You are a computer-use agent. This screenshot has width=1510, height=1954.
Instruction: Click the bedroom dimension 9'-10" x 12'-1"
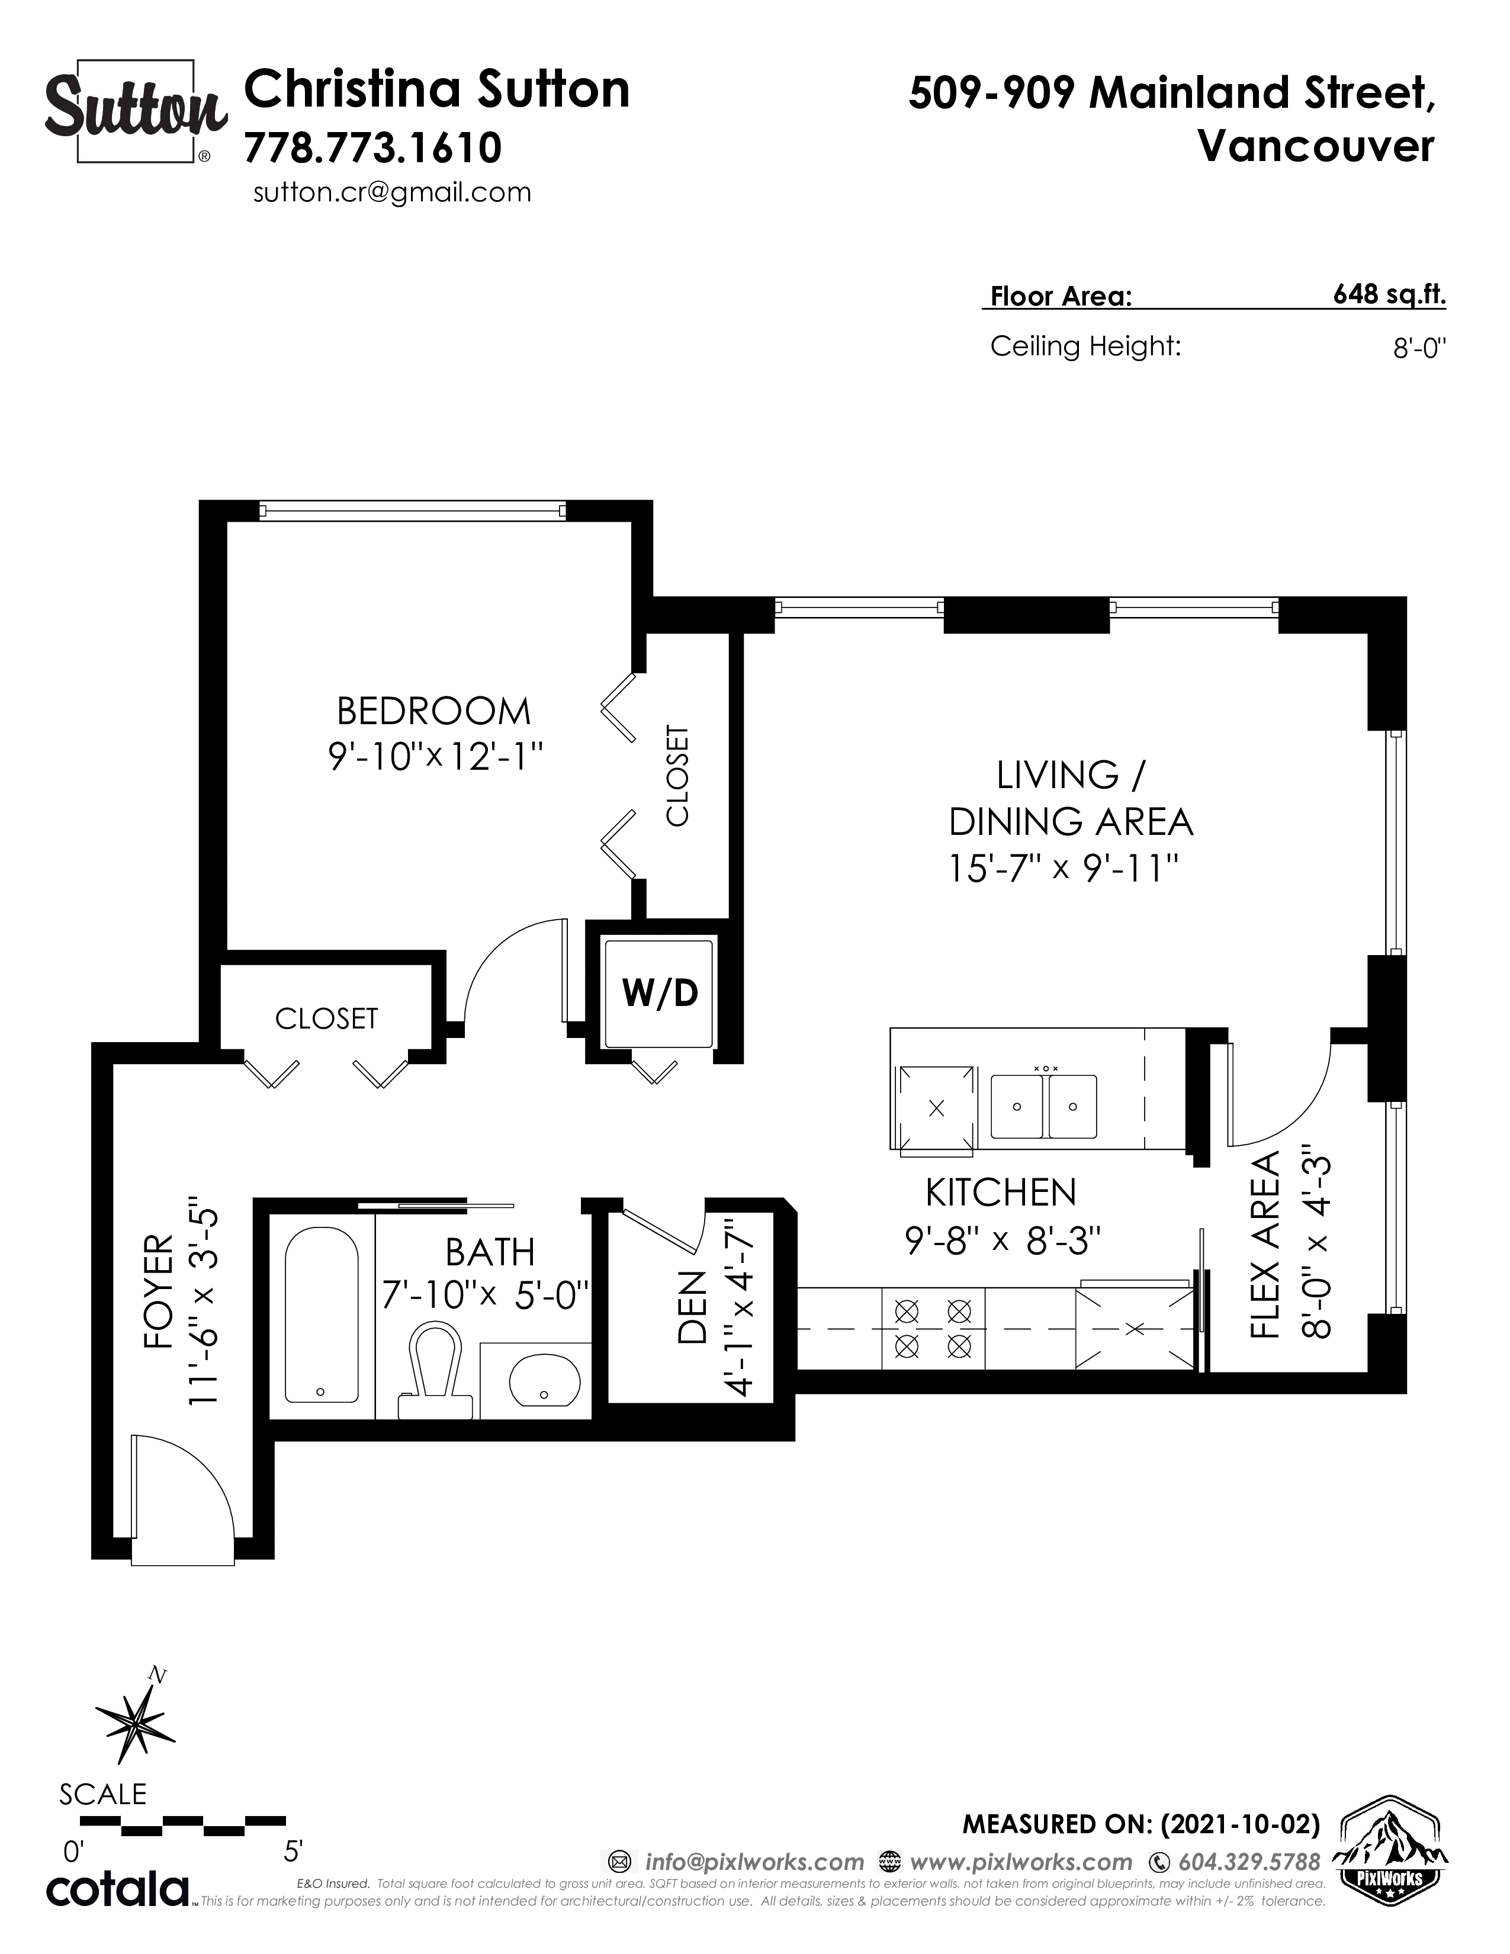[436, 757]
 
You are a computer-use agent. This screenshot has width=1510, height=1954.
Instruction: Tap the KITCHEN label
[1001, 1193]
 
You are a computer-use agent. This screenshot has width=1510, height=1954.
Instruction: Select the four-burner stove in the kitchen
[933, 1329]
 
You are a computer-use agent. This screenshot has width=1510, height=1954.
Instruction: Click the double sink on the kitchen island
[1043, 1107]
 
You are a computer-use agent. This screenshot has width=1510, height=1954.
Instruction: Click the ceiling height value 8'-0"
[1419, 348]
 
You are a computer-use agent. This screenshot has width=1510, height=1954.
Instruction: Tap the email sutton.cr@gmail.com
[392, 192]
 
